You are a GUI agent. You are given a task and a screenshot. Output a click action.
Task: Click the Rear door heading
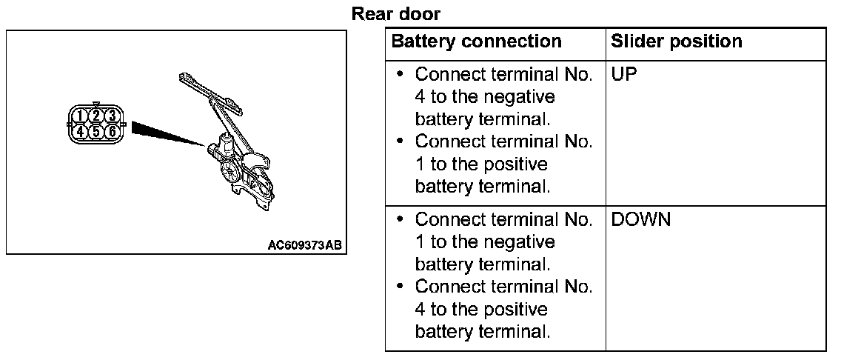[396, 14]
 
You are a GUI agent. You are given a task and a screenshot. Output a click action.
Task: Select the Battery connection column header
[476, 41]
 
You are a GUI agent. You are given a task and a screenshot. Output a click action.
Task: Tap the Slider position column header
[676, 41]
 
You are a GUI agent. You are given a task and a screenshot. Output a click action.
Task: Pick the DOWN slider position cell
[641, 220]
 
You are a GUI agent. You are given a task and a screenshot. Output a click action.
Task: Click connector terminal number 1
[79, 116]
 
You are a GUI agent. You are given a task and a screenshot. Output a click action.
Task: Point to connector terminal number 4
[79, 131]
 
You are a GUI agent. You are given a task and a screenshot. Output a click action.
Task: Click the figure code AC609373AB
[305, 244]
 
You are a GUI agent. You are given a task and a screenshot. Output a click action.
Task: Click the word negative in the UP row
[522, 97]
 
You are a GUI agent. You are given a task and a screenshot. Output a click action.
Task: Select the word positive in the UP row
[518, 164]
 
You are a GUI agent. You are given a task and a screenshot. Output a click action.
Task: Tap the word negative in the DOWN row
[522, 242]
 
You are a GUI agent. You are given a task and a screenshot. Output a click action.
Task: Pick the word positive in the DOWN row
[518, 309]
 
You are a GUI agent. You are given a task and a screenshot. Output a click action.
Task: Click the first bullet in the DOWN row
[401, 220]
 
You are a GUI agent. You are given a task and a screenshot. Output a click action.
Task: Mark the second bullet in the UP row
[401, 141]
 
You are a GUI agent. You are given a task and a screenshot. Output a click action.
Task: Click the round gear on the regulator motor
[231, 176]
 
